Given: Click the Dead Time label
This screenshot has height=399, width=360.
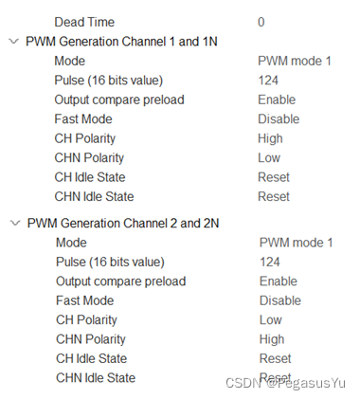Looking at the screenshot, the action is point(84,21).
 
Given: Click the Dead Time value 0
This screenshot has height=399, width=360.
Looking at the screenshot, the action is point(261,21).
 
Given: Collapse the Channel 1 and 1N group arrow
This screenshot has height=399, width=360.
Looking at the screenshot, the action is point(12,41).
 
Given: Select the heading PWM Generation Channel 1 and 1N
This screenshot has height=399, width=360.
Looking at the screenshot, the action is point(122,41).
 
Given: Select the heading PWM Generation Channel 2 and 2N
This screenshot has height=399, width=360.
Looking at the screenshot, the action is point(123,223).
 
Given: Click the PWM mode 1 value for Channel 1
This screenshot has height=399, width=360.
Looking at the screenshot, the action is point(295,61).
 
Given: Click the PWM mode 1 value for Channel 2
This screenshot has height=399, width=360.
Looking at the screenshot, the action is point(296,243).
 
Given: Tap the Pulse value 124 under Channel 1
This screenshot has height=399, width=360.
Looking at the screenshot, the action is point(268,80).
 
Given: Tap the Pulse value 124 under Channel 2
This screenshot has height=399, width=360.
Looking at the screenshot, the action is point(270,262).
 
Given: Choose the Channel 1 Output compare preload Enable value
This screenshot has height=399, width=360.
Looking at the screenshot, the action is point(277,100).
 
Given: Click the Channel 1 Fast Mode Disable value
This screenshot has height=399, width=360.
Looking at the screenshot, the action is point(279,119).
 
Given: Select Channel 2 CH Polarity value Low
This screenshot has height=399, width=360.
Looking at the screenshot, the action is point(271,320).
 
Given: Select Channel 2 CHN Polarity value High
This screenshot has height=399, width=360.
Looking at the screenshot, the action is point(272,339).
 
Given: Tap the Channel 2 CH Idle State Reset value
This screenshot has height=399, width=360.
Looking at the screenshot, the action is point(275,358).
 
